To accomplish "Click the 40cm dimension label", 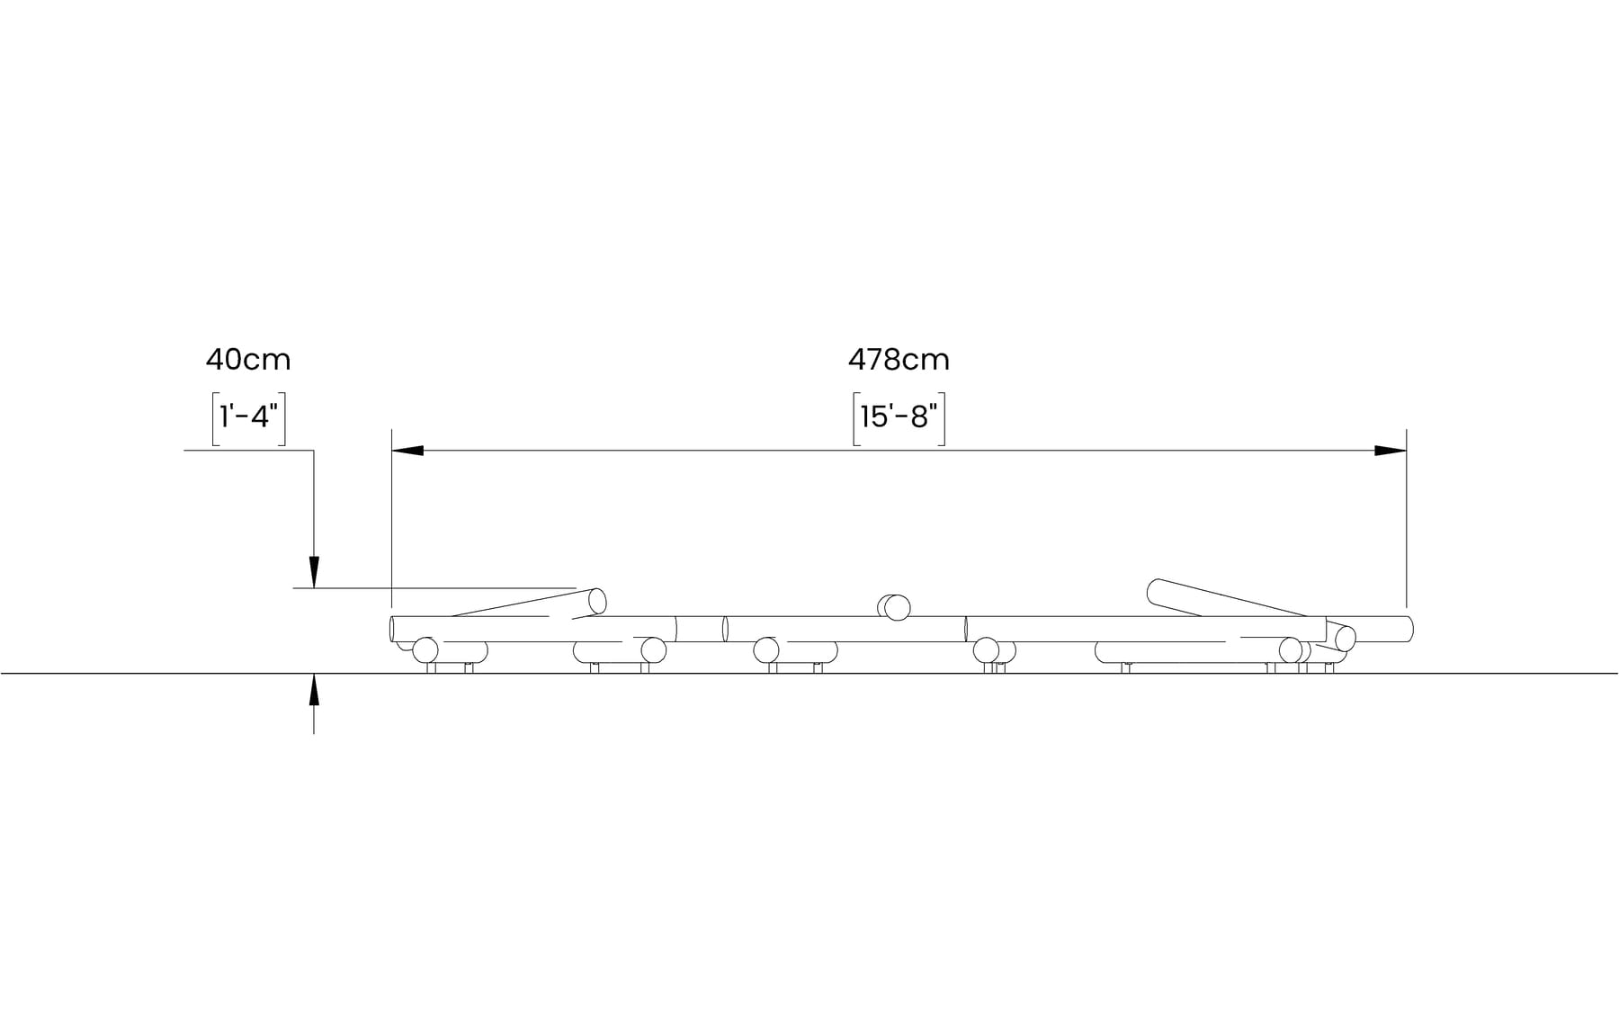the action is tap(248, 360).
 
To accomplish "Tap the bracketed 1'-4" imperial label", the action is tap(249, 418).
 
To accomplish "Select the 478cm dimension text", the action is tap(899, 360).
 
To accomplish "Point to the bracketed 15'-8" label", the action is tap(899, 418).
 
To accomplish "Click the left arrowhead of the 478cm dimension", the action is tap(407, 451).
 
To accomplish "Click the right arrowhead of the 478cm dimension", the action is tap(1391, 451).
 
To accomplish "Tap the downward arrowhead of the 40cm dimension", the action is tap(314, 572).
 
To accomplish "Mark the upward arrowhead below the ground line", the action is tap(314, 689).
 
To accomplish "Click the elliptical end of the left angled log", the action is tap(597, 601).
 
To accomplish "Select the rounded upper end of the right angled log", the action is tap(1156, 591).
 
